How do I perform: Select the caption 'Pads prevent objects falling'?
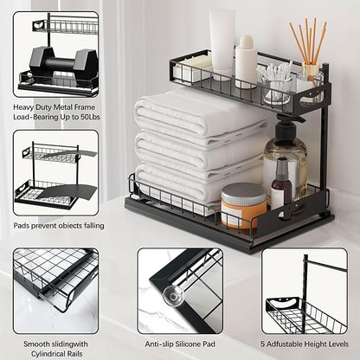pyautogui.click(x=58, y=226)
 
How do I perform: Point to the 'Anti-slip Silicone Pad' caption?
pyautogui.click(x=179, y=342)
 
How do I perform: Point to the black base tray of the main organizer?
pyautogui.click(x=225, y=234)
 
